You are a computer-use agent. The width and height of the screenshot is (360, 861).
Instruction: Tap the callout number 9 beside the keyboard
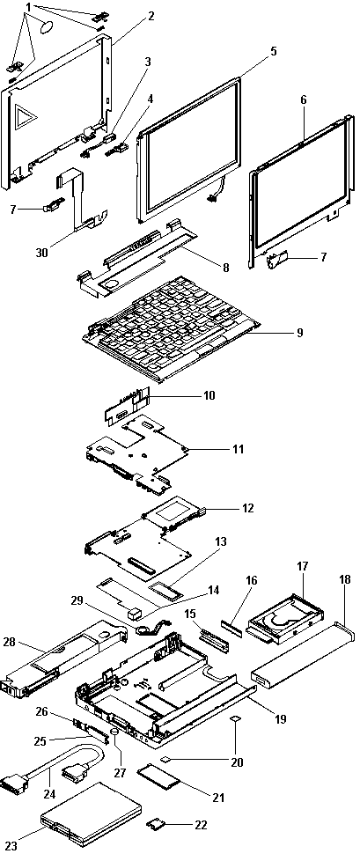(x=299, y=332)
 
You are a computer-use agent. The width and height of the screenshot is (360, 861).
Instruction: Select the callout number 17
(x=303, y=565)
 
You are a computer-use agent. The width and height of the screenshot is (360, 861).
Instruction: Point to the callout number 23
(x=11, y=846)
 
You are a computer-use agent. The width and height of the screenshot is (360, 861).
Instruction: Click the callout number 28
(x=11, y=641)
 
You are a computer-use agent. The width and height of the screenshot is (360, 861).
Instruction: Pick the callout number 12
(x=247, y=508)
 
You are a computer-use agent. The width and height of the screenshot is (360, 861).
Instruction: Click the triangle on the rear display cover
(x=25, y=117)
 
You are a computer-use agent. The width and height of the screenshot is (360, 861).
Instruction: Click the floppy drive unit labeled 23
(x=91, y=815)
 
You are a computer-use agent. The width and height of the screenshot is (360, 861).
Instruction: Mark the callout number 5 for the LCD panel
(x=273, y=52)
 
